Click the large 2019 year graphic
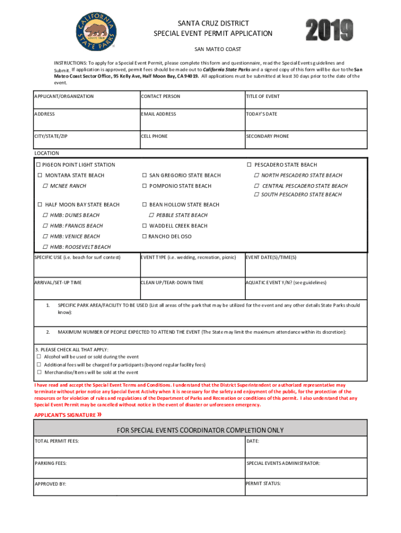329,30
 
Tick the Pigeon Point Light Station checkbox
38,165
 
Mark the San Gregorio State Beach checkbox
144,175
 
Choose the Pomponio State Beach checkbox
144,186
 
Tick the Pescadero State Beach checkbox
249,165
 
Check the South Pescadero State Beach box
256,194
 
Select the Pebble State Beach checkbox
151,215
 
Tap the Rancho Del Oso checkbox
144,236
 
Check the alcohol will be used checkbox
39,357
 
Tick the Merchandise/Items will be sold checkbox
39,373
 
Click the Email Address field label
158,114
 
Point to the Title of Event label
262,96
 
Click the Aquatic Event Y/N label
286,283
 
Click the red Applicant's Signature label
65,415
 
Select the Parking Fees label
51,463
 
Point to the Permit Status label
263,484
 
